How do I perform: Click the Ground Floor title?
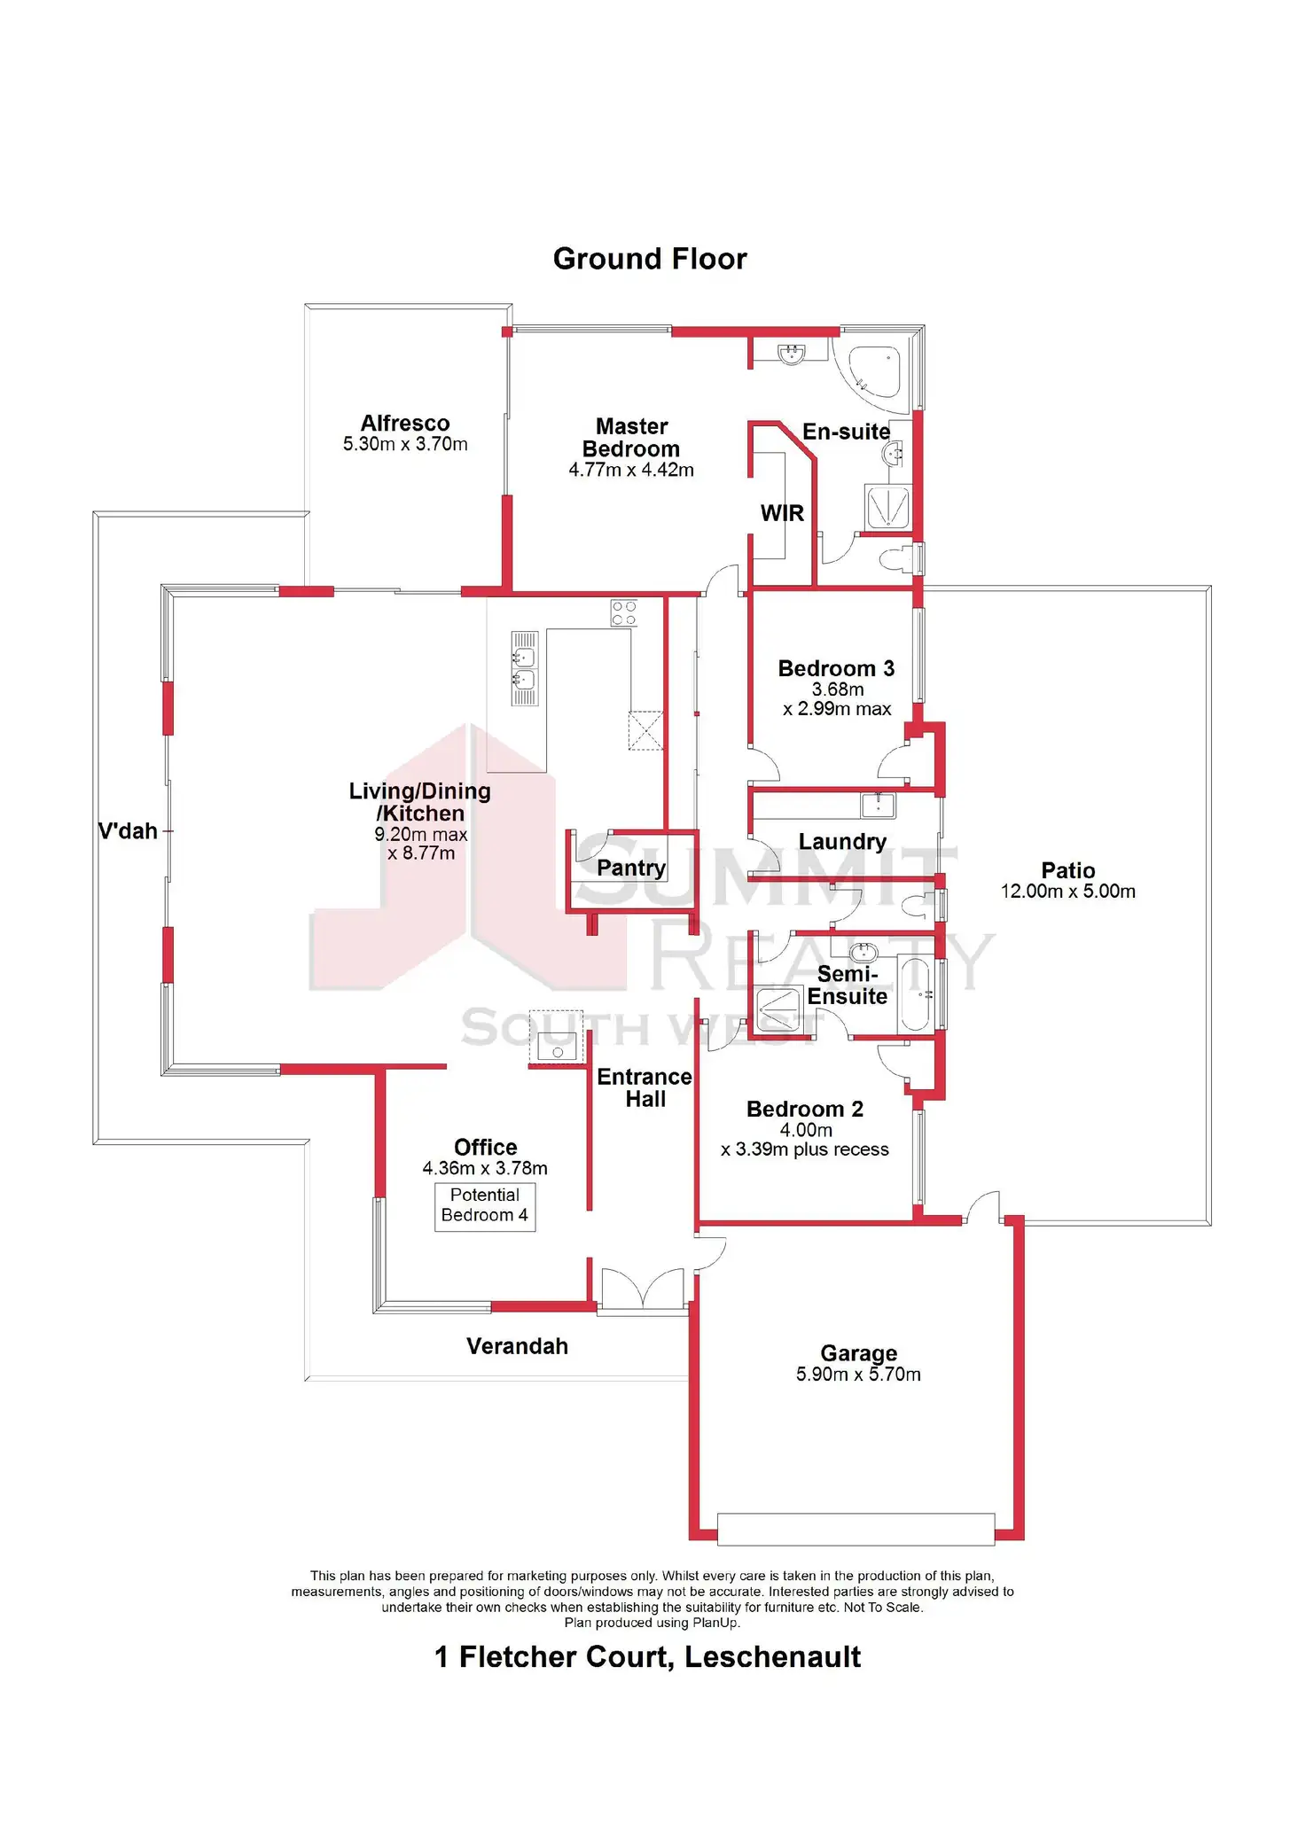(650, 259)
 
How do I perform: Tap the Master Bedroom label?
(631, 438)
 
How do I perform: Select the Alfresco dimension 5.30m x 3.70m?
(405, 444)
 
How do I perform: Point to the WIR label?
(782, 513)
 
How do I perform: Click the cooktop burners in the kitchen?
(624, 613)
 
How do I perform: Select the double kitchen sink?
(524, 669)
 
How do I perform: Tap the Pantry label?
(630, 868)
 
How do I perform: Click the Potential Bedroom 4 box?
(485, 1206)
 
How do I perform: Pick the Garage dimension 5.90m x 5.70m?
(858, 1375)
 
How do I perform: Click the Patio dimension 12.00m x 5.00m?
(1067, 892)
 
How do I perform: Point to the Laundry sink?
(878, 805)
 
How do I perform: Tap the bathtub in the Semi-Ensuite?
(916, 993)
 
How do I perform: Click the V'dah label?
(128, 831)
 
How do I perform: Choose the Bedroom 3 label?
(836, 668)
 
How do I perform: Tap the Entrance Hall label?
(645, 1087)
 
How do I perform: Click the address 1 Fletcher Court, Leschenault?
(647, 1657)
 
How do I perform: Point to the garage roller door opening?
(856, 1529)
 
